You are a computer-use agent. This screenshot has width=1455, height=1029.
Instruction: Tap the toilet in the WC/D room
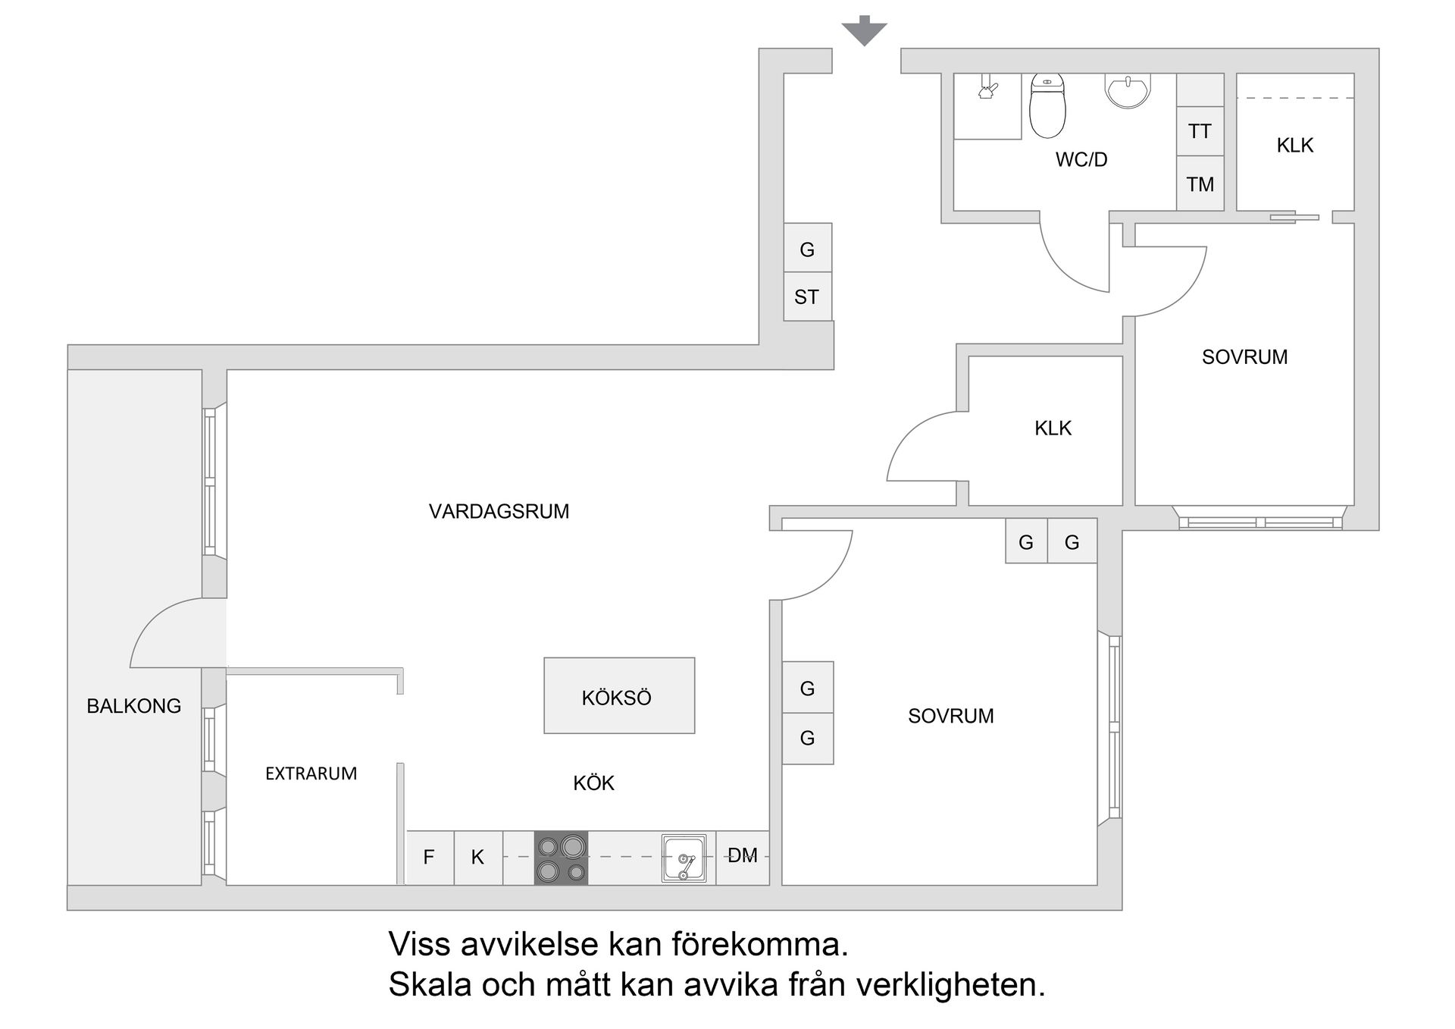1047,106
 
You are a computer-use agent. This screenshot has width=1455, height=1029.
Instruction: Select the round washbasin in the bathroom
1128,89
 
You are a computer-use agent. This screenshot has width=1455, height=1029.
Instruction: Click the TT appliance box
1200,131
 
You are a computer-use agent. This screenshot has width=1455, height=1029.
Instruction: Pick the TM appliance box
1200,184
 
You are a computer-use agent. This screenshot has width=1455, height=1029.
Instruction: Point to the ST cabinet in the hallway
807,296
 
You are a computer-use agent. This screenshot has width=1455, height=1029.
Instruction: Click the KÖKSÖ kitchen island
618,696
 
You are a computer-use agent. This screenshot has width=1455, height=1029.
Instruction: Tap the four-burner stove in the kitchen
561,858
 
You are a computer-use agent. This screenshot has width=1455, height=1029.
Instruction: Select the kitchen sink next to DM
684,858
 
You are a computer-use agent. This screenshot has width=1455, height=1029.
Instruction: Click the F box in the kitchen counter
429,858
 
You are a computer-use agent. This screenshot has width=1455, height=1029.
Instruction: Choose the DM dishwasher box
743,857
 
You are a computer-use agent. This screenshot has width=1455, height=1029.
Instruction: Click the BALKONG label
134,706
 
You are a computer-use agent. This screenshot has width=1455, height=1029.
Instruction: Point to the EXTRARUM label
311,773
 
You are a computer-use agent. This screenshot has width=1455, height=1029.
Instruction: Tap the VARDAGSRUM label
499,511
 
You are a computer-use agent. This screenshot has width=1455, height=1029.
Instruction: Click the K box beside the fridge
477,858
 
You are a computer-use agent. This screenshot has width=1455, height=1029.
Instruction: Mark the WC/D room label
1081,160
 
